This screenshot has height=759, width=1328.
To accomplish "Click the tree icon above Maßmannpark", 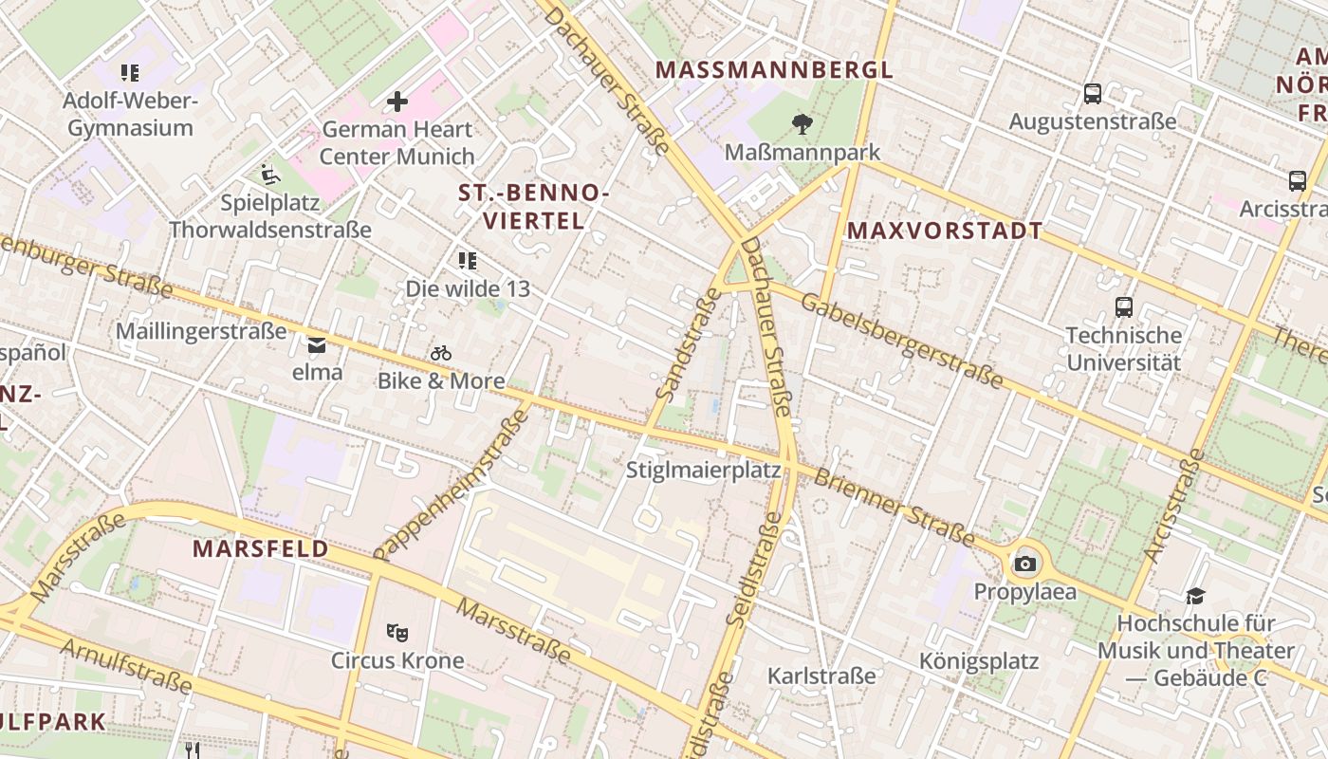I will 802,123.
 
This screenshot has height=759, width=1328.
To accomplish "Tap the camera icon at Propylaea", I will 1024,565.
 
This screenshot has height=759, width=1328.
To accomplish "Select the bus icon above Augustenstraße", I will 1093,94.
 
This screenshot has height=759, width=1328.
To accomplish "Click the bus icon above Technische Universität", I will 1124,306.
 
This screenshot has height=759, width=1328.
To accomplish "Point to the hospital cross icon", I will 397,101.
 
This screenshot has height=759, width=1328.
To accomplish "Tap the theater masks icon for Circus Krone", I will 397,632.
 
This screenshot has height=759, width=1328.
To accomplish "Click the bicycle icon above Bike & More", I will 441,353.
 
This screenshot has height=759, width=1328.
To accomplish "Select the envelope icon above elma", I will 317,344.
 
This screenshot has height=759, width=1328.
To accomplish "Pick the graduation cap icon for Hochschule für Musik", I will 1195,596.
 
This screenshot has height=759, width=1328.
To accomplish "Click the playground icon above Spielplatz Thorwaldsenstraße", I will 270,174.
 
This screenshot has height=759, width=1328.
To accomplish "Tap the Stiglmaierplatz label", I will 704,470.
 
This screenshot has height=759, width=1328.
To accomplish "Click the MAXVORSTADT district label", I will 945,231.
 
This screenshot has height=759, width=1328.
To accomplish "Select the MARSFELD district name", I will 261,548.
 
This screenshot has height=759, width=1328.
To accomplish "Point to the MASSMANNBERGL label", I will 774,70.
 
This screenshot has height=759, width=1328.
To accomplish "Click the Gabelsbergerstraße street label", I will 901,341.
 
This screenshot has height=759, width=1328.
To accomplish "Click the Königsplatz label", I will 979,661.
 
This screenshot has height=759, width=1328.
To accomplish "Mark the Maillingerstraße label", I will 201,331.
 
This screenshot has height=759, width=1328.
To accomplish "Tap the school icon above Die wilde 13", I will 467,260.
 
